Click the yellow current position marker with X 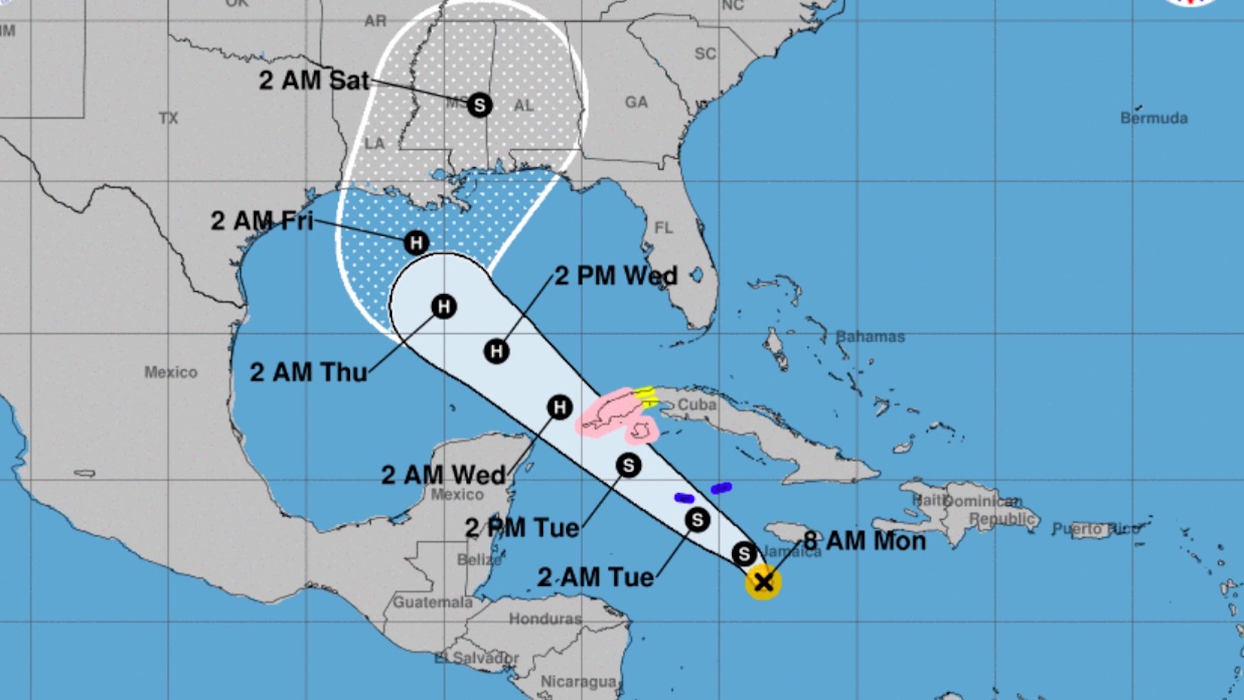[x=763, y=581]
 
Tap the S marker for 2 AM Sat [x=479, y=104]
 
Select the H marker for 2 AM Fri [x=416, y=243]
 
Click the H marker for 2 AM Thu [x=444, y=307]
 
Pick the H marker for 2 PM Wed [x=496, y=351]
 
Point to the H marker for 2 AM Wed [x=560, y=407]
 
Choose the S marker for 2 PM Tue [x=628, y=465]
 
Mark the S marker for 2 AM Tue [x=697, y=520]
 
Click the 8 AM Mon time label [x=864, y=541]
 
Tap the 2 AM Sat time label [x=314, y=80]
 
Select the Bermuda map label [x=1153, y=118]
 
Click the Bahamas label [x=870, y=336]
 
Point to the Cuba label [x=697, y=404]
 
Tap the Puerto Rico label [x=1095, y=529]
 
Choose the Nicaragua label [x=578, y=681]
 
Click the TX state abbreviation [x=168, y=118]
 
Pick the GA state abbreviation [x=636, y=102]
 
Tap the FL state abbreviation [x=663, y=227]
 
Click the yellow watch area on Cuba [x=647, y=395]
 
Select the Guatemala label [x=433, y=602]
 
